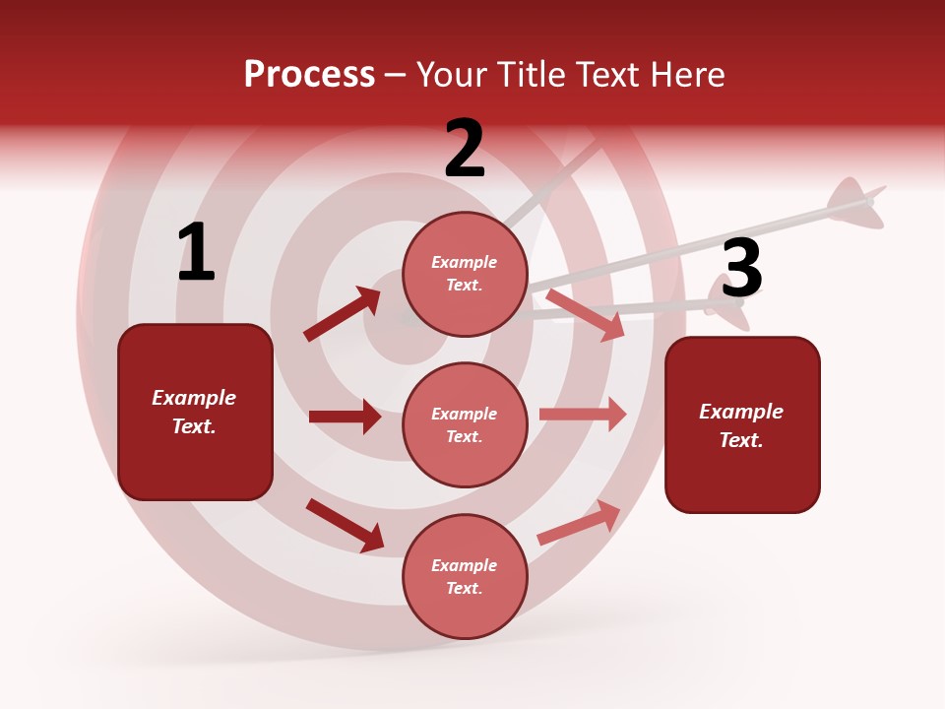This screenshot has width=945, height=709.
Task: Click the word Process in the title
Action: coord(309,75)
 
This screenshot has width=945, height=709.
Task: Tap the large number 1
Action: coord(196,253)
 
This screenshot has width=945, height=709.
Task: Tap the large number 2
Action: coord(465,149)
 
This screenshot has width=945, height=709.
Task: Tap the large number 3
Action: coord(741,269)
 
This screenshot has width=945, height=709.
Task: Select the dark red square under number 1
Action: coord(195,412)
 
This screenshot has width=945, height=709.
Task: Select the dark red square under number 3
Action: coord(742,425)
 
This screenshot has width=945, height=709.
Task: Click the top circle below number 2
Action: coord(465,274)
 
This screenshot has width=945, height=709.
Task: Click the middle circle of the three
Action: coord(465,424)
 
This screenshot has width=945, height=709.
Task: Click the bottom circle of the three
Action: coord(465,576)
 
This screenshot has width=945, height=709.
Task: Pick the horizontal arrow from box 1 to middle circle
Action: coord(345,417)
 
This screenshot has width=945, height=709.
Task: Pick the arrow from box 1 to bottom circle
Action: coord(345,525)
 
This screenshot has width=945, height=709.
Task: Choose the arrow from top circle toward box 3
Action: coord(585,314)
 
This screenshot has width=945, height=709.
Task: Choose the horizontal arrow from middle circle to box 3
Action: coord(583,415)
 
